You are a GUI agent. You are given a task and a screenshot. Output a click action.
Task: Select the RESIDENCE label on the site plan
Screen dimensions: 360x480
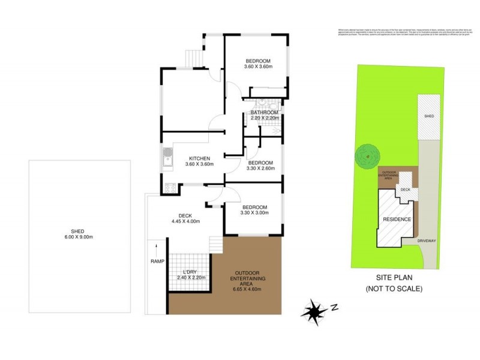(x=397, y=220)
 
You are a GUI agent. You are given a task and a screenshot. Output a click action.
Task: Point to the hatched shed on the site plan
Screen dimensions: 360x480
(x=428, y=115)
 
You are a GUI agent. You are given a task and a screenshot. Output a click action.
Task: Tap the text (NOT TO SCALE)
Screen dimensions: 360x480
(x=394, y=289)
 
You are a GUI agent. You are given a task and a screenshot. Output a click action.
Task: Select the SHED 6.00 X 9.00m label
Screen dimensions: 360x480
(x=79, y=234)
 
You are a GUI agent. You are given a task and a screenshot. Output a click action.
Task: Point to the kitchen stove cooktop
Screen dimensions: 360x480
(x=169, y=187)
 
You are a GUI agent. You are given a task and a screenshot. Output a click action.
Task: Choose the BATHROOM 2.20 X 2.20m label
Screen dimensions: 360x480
(x=264, y=115)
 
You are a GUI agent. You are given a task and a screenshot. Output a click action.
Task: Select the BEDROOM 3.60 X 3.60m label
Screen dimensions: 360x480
(x=258, y=63)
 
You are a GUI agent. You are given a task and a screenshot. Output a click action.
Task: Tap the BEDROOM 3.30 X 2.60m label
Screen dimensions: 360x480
(x=261, y=166)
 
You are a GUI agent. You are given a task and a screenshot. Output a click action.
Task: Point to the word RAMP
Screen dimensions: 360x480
(x=157, y=262)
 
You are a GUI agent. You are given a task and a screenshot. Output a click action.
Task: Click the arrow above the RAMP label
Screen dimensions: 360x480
(x=157, y=247)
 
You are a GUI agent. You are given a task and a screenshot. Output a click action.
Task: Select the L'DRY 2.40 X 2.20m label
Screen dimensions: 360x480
(x=187, y=274)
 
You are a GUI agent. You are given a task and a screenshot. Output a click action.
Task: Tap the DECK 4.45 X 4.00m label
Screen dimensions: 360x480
(x=185, y=218)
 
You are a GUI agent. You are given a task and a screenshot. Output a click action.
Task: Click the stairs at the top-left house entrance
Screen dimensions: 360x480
(x=193, y=58)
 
